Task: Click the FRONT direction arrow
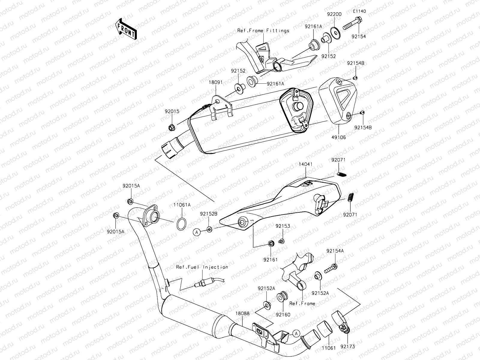click(125, 29)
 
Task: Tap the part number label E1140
click(359, 11)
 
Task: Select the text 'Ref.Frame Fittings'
click(263, 30)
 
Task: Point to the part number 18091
click(216, 82)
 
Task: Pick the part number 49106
click(339, 137)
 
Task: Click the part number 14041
click(305, 164)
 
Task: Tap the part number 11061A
click(182, 205)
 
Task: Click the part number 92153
click(283, 226)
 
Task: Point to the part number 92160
click(283, 315)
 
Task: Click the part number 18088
click(242, 313)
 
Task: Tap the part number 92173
click(348, 346)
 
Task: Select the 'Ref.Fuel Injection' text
click(202, 267)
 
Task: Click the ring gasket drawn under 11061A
click(181, 224)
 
